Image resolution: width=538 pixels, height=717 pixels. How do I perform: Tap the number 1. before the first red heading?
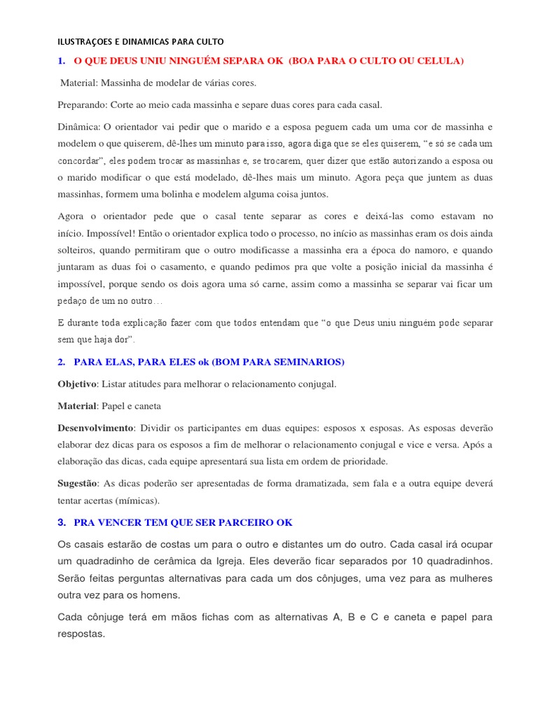(62, 62)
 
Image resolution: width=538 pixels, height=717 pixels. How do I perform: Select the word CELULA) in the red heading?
(439, 62)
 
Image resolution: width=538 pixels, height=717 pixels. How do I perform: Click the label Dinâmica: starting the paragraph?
(79, 127)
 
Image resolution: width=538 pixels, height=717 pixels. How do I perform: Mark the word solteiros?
(78, 250)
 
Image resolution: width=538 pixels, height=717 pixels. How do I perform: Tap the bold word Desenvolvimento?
(94, 428)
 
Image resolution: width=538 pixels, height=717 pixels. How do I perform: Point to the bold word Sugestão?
(78, 483)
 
